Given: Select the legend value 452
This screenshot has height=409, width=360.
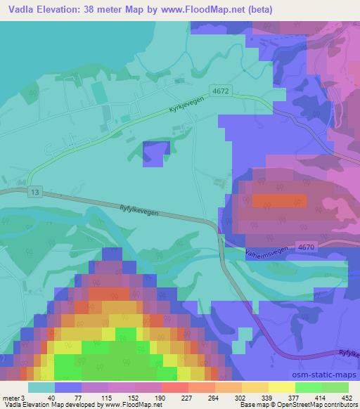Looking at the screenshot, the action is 347,397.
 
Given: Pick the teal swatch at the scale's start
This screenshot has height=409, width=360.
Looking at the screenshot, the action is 41,387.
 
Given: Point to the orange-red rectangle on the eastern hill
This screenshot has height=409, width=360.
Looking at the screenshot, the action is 280,202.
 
